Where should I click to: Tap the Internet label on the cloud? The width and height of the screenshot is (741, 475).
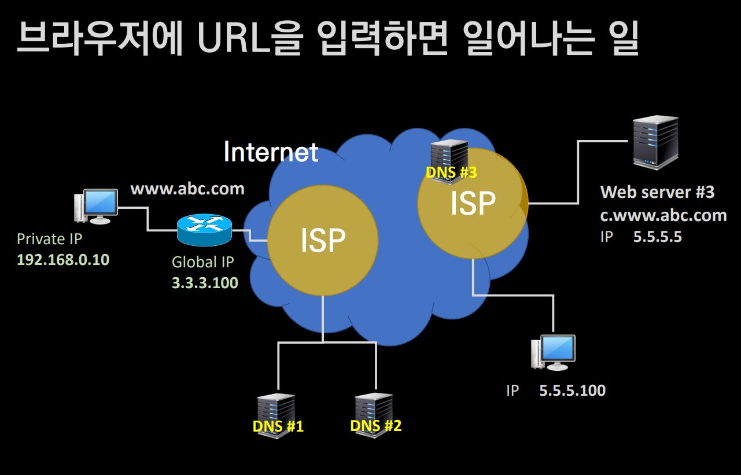[x=271, y=152]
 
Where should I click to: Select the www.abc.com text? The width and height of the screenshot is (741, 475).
[x=187, y=189]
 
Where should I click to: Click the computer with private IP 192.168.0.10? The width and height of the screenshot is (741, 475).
[x=96, y=207]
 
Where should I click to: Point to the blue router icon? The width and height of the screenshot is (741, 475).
[x=204, y=230]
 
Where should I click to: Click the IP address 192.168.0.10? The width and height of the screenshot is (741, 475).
[x=63, y=260]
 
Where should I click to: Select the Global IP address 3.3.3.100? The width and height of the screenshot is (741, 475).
[x=205, y=283]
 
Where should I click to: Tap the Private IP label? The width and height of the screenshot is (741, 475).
[x=50, y=239]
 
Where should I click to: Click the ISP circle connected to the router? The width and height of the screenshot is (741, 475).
[x=323, y=240]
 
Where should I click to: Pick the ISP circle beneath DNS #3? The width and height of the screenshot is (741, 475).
[x=473, y=204]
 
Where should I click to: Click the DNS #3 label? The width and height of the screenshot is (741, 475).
[x=451, y=172]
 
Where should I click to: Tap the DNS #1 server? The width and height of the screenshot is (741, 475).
[x=277, y=416]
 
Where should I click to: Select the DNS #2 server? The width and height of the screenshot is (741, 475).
[x=374, y=415]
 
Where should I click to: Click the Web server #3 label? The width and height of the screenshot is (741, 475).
[x=657, y=192]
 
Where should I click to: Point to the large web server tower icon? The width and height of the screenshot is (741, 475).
[x=655, y=142]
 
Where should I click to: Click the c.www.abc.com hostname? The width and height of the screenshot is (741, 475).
[x=663, y=215]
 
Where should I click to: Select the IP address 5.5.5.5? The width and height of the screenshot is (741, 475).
[x=658, y=237]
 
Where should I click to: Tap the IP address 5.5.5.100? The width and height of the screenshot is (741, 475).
[x=573, y=391]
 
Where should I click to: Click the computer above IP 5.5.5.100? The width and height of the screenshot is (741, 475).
[x=553, y=352]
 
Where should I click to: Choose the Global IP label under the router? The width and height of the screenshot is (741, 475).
[x=203, y=262]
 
